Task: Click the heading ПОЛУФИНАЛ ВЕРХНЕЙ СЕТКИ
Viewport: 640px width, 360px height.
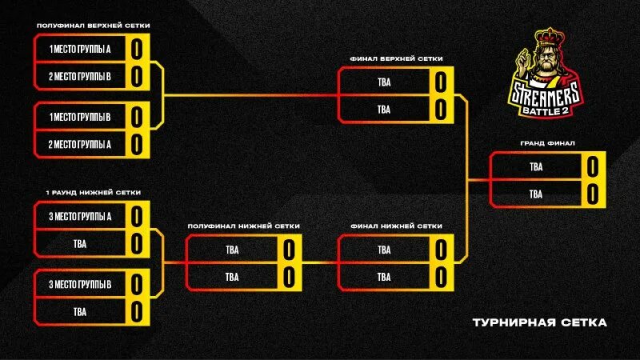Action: tap(93, 26)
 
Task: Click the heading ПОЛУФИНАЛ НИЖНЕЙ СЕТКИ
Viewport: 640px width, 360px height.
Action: tap(244, 226)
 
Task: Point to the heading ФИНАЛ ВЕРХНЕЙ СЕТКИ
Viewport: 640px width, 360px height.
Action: tap(396, 58)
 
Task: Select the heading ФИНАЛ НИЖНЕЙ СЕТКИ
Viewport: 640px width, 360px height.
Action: tap(396, 226)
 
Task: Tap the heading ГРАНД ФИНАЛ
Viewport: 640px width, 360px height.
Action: tap(547, 144)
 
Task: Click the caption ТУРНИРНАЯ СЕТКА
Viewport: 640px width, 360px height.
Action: tap(539, 323)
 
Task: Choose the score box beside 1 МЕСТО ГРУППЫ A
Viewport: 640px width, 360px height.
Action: tap(137, 49)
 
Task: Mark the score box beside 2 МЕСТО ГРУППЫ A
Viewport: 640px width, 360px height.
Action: tap(137, 144)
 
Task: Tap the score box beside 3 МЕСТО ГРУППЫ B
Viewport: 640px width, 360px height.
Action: tap(137, 284)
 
